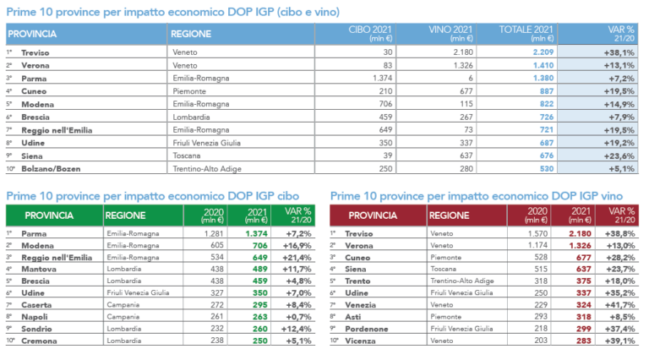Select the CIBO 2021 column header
click(x=370, y=33)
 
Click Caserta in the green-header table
click(x=38, y=303)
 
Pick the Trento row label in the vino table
click(x=366, y=280)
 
